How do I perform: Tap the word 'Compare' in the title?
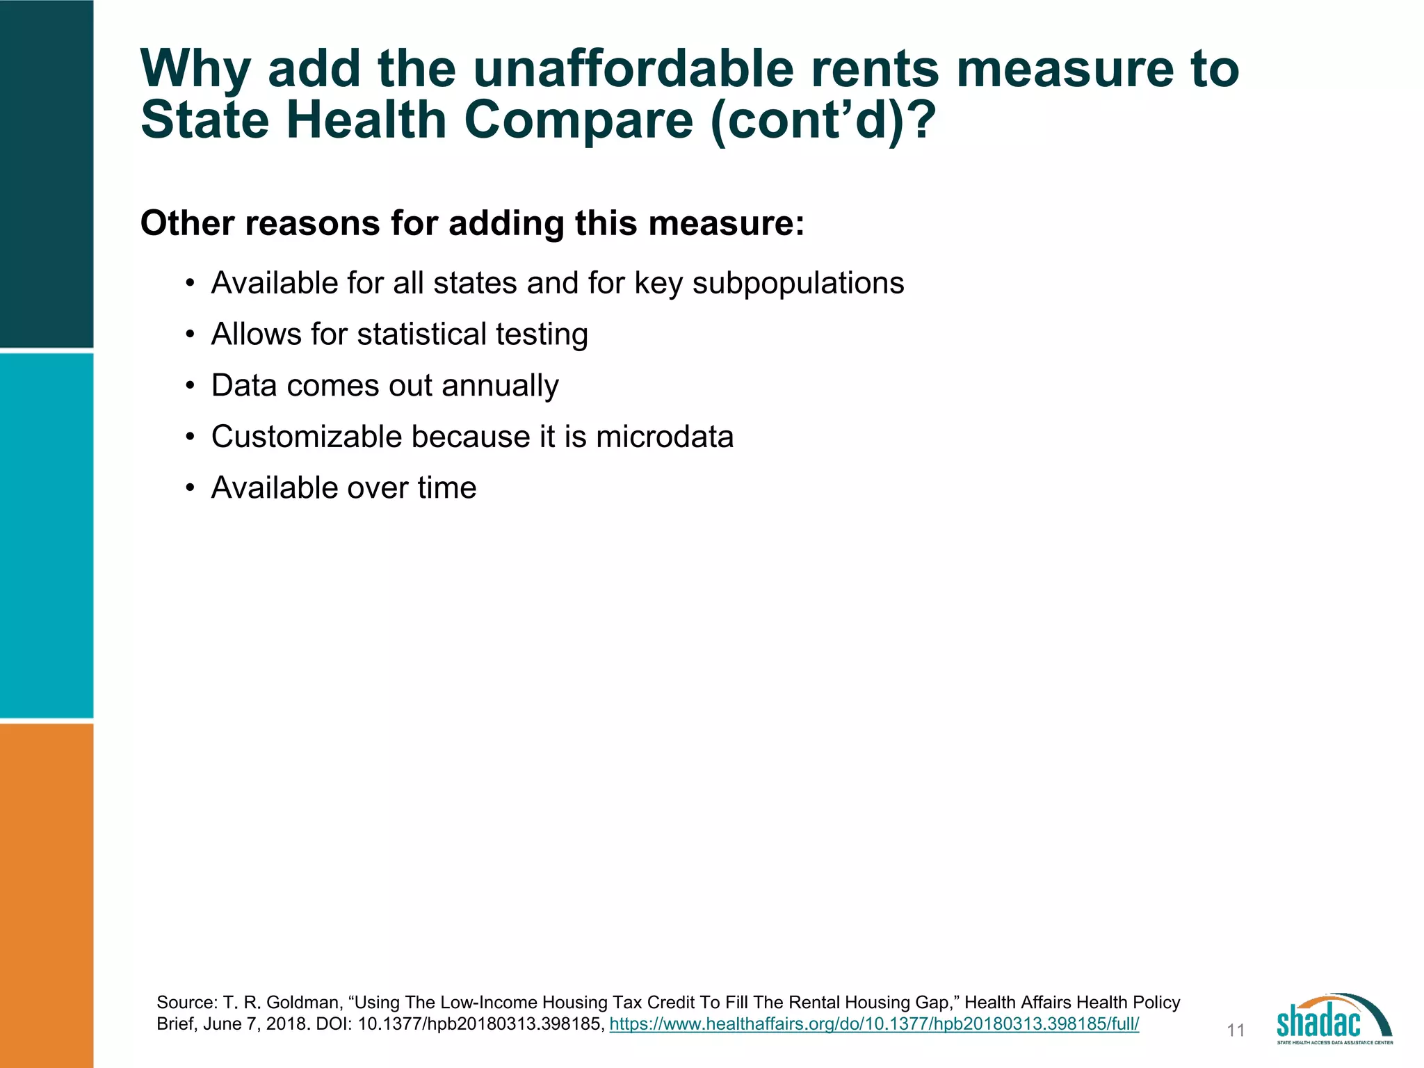[x=578, y=120]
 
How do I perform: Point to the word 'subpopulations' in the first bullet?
[x=798, y=283]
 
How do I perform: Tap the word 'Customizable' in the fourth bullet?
[x=307, y=437]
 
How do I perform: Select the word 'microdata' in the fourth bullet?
[x=665, y=437]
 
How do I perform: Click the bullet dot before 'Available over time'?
[x=190, y=488]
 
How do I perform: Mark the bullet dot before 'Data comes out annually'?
[x=190, y=386]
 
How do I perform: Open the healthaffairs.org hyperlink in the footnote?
[x=874, y=1024]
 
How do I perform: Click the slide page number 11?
[x=1236, y=1030]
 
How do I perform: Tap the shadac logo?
[x=1334, y=1019]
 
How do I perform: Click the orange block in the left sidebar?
[x=47, y=896]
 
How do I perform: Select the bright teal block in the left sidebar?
[x=47, y=535]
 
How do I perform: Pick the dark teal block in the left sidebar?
[x=47, y=174]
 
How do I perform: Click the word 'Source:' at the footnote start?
[x=187, y=1003]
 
